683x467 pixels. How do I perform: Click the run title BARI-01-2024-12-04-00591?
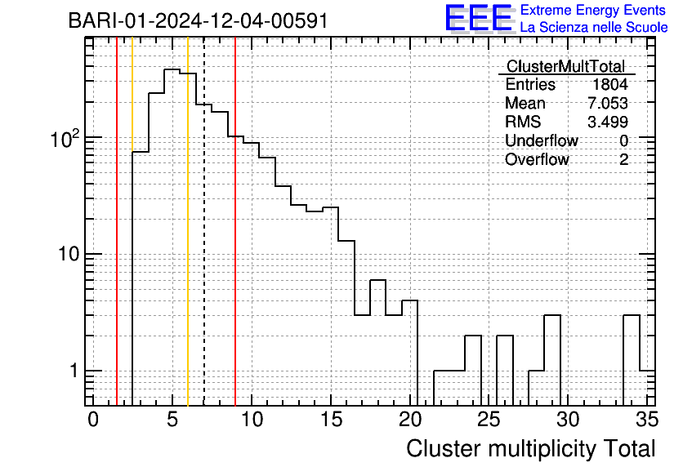(x=199, y=20)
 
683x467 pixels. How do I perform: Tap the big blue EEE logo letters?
(x=479, y=18)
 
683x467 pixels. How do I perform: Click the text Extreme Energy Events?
(x=594, y=11)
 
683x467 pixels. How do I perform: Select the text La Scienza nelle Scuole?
(x=594, y=27)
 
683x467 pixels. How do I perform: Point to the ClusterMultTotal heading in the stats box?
(x=565, y=66)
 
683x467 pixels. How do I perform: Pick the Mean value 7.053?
(x=607, y=104)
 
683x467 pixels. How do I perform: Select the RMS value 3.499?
(x=607, y=122)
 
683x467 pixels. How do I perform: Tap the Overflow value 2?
(x=623, y=160)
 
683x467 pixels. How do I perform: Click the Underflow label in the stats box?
(x=541, y=141)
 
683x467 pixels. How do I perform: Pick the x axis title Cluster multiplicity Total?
(x=530, y=448)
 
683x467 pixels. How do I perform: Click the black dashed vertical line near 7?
(x=203, y=245)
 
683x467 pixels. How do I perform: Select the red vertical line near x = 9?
(x=235, y=245)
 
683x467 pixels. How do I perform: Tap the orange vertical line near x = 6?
(x=188, y=245)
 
